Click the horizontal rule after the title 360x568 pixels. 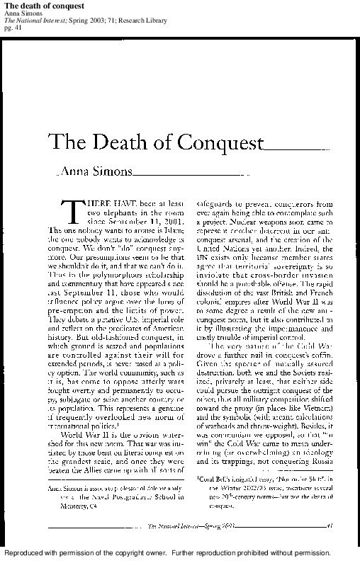click(294, 149)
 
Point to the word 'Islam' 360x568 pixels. click(174, 230)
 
